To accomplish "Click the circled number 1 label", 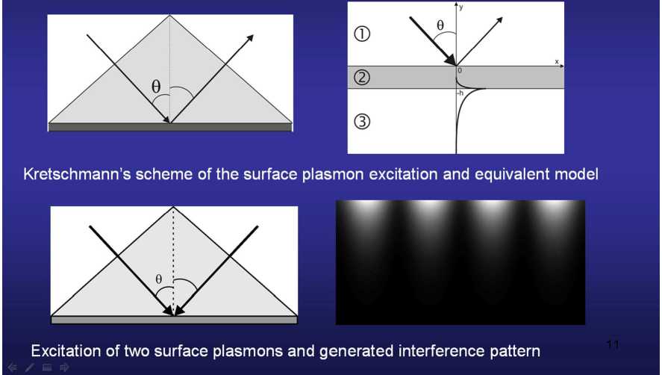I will pos(363,34).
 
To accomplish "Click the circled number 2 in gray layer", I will pos(363,78).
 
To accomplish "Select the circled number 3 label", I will pos(363,123).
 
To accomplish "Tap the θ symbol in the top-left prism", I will pos(156,87).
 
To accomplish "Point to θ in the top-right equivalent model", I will pos(440,25).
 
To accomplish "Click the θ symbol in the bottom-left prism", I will pos(158,279).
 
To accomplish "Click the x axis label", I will pos(557,61).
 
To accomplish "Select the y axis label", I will pos(462,7).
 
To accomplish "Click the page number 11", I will pos(613,344).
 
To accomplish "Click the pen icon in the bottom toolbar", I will pos(29,368).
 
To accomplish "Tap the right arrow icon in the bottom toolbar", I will pos(64,368).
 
